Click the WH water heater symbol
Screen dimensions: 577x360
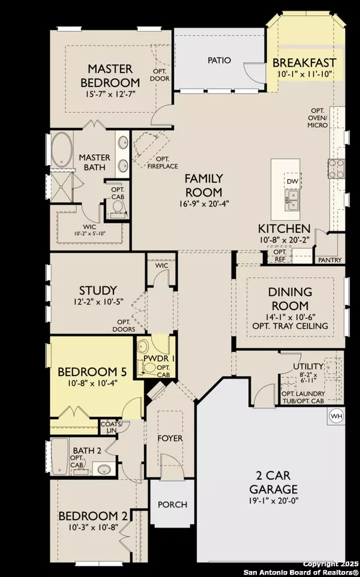coord(336,414)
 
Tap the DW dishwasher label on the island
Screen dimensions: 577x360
coord(292,181)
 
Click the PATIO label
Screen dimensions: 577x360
coord(219,60)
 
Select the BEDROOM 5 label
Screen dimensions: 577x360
coord(90,371)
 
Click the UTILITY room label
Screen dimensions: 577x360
coord(308,366)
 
